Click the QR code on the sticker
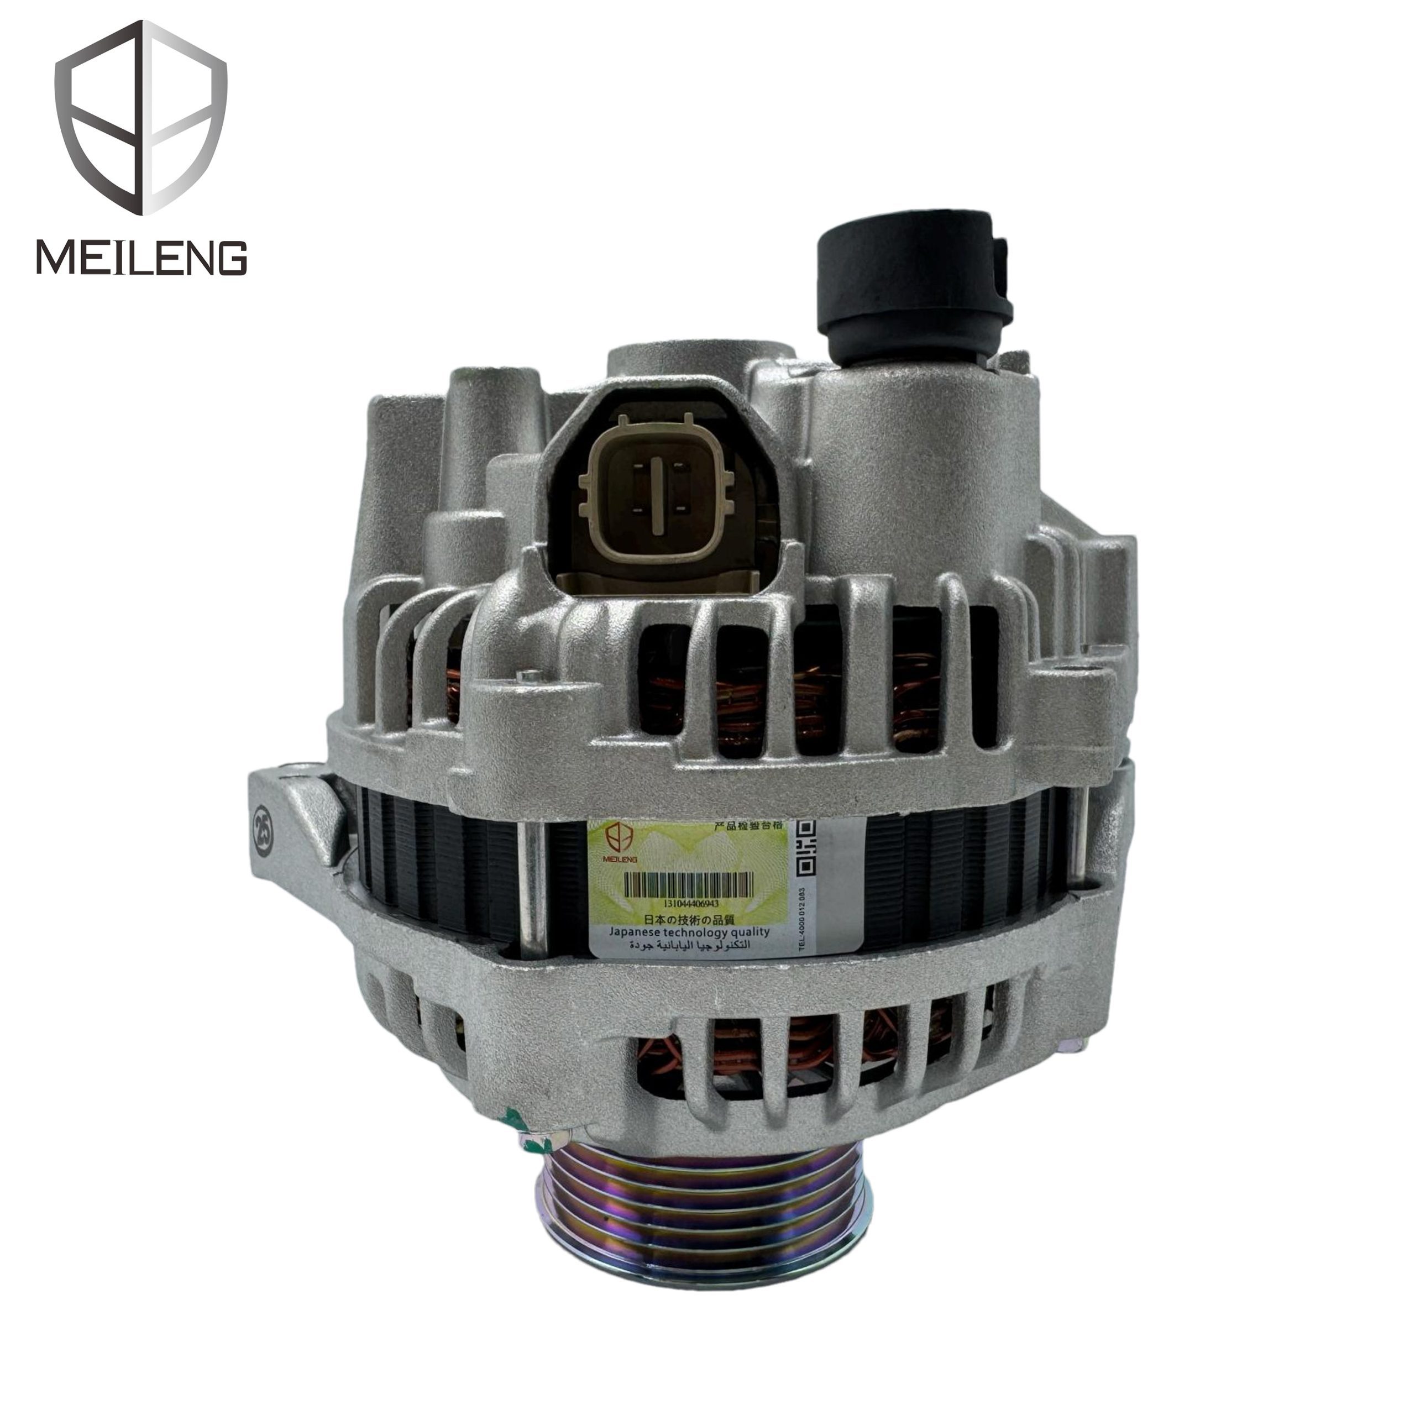(x=806, y=846)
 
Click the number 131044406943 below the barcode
(x=680, y=903)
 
